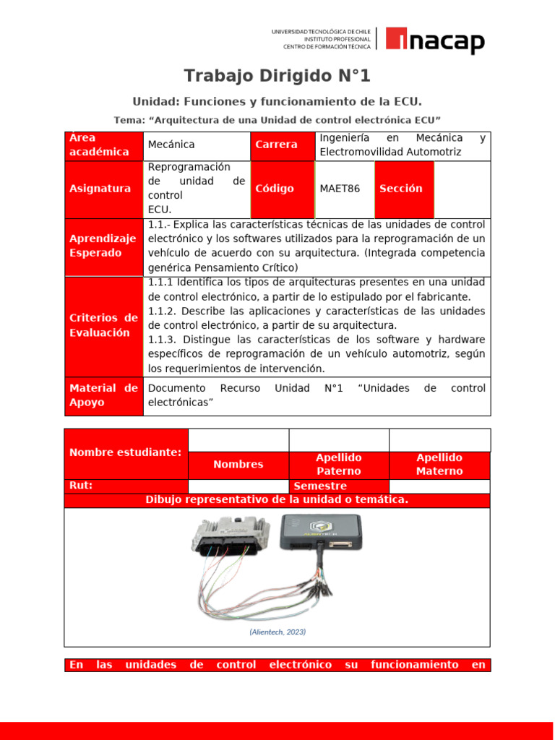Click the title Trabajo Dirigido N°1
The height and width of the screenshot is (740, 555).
(x=277, y=76)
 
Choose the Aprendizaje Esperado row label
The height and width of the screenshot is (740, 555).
(x=103, y=246)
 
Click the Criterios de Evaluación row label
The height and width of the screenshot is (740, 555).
(x=103, y=325)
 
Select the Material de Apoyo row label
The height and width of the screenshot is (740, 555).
(x=103, y=395)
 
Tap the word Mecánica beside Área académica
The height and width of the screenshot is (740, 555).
(x=171, y=145)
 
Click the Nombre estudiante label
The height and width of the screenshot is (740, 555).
(x=125, y=452)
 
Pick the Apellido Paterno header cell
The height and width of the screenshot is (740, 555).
(x=338, y=465)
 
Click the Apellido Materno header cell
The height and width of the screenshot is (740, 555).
(x=439, y=465)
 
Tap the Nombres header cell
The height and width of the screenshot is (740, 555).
(x=238, y=465)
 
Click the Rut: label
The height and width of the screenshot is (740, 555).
(x=81, y=486)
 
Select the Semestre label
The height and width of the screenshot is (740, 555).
(x=320, y=486)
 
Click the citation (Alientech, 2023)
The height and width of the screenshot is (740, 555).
(x=277, y=632)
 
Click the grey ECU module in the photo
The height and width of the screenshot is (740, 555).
(x=227, y=538)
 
